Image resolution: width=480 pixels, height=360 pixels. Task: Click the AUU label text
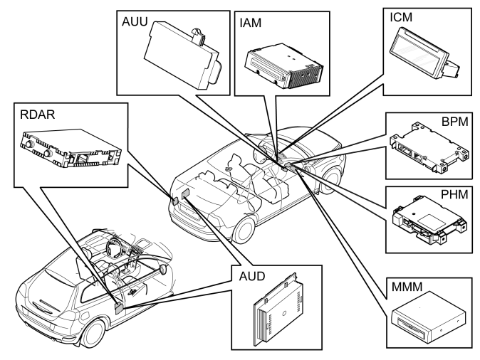point(135,22)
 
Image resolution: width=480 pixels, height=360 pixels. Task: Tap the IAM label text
point(251,23)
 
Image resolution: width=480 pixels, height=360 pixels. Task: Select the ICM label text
point(401,18)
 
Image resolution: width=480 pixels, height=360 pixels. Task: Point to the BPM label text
point(455,122)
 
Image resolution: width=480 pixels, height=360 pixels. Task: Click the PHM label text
point(454,194)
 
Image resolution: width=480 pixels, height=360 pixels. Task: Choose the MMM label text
point(407,287)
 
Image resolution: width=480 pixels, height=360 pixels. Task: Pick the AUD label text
point(252,276)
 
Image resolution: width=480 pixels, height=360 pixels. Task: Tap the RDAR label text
point(37,115)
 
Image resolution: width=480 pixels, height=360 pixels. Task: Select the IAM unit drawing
point(283,66)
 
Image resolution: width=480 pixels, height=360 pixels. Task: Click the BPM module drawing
point(429,147)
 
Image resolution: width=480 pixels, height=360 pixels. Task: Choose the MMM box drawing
point(429,317)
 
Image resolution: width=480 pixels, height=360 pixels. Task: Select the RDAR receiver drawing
point(71,148)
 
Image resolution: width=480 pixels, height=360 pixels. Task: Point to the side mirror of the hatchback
point(164,268)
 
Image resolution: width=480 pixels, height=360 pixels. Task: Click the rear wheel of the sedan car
point(244,228)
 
